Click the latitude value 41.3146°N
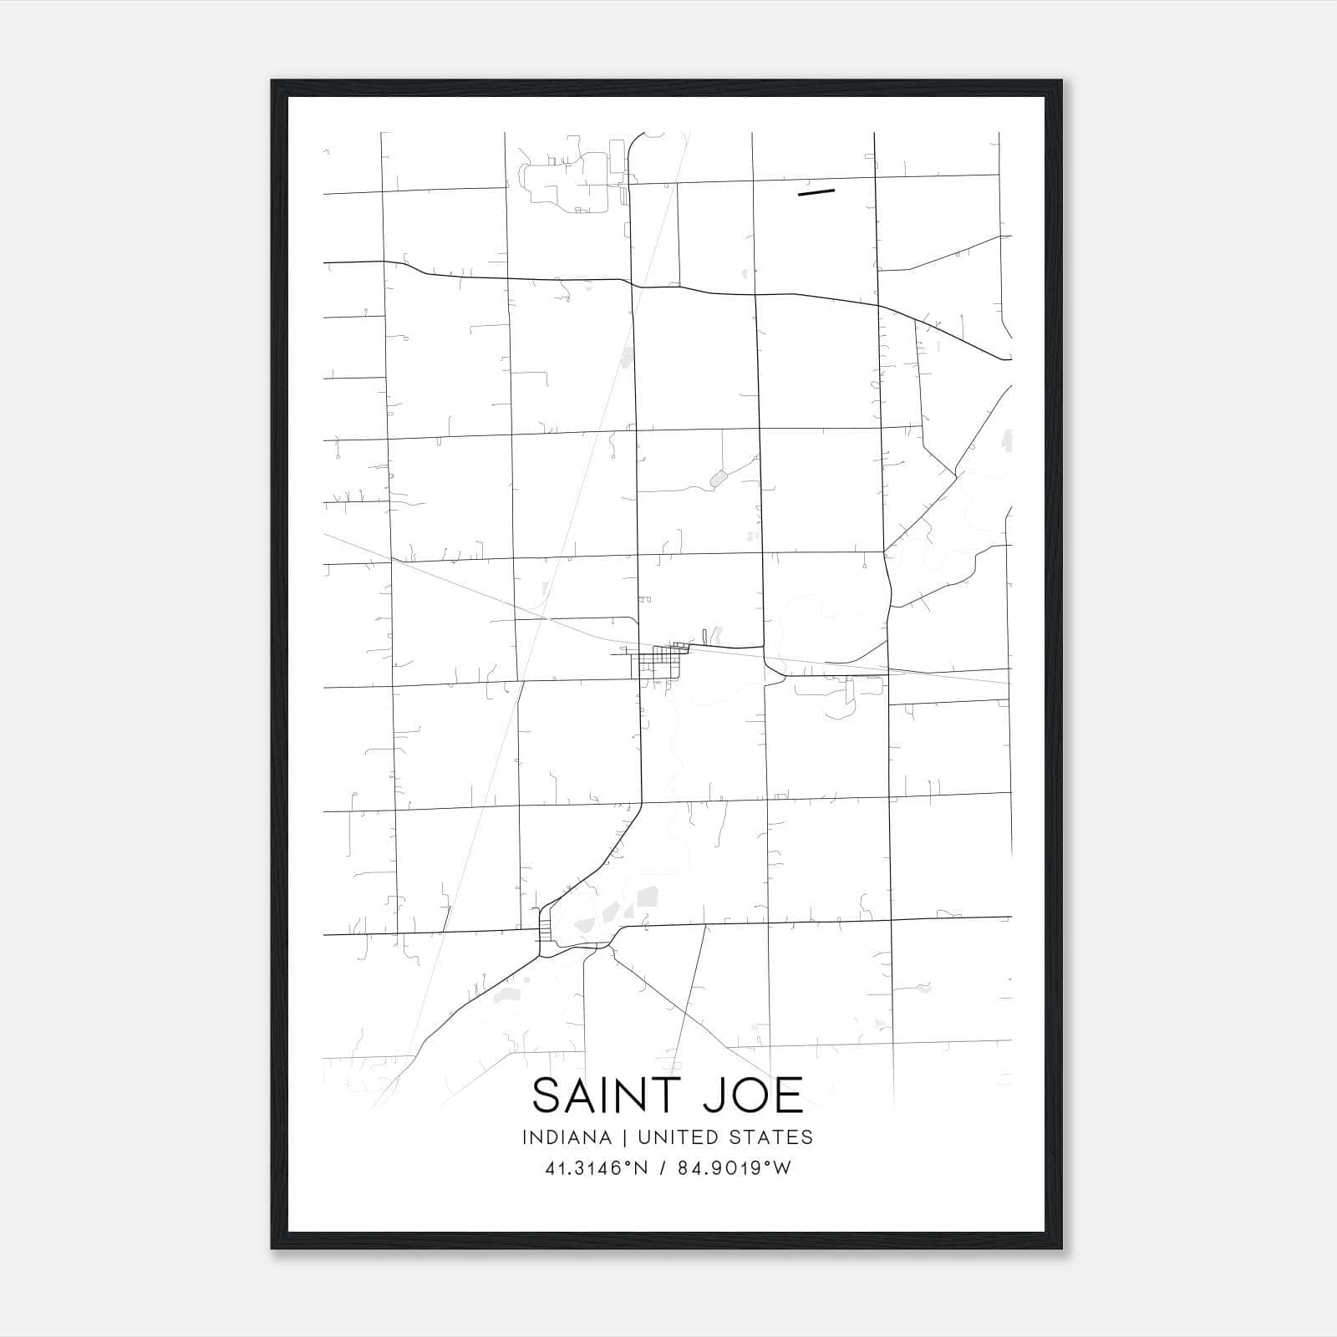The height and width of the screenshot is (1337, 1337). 596,1168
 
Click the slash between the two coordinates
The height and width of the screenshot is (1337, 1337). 663,1168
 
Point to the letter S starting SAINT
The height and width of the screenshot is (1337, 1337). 545,1096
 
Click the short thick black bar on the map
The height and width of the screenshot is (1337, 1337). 816,192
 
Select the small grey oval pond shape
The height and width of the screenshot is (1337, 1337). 718,478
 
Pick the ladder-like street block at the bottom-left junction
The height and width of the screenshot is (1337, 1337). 546,932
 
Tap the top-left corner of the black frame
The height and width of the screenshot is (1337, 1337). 272,81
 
